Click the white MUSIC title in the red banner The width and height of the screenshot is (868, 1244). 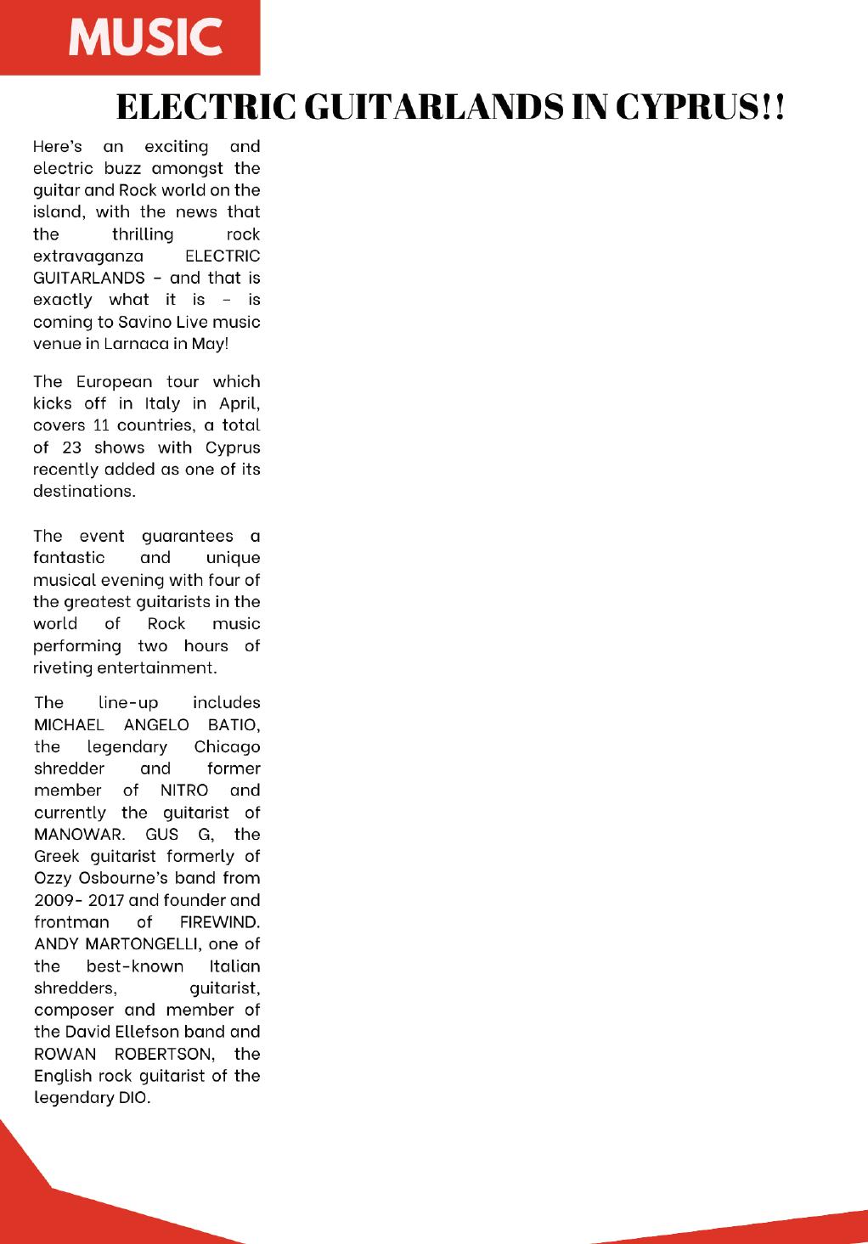[x=145, y=38]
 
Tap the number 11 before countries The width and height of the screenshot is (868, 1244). [x=100, y=425]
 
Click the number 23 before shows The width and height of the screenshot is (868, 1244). [x=71, y=448]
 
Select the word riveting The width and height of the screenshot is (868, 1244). [x=62, y=667]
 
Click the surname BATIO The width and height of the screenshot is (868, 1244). [x=234, y=725]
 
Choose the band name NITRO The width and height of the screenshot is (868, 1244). [x=184, y=791]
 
